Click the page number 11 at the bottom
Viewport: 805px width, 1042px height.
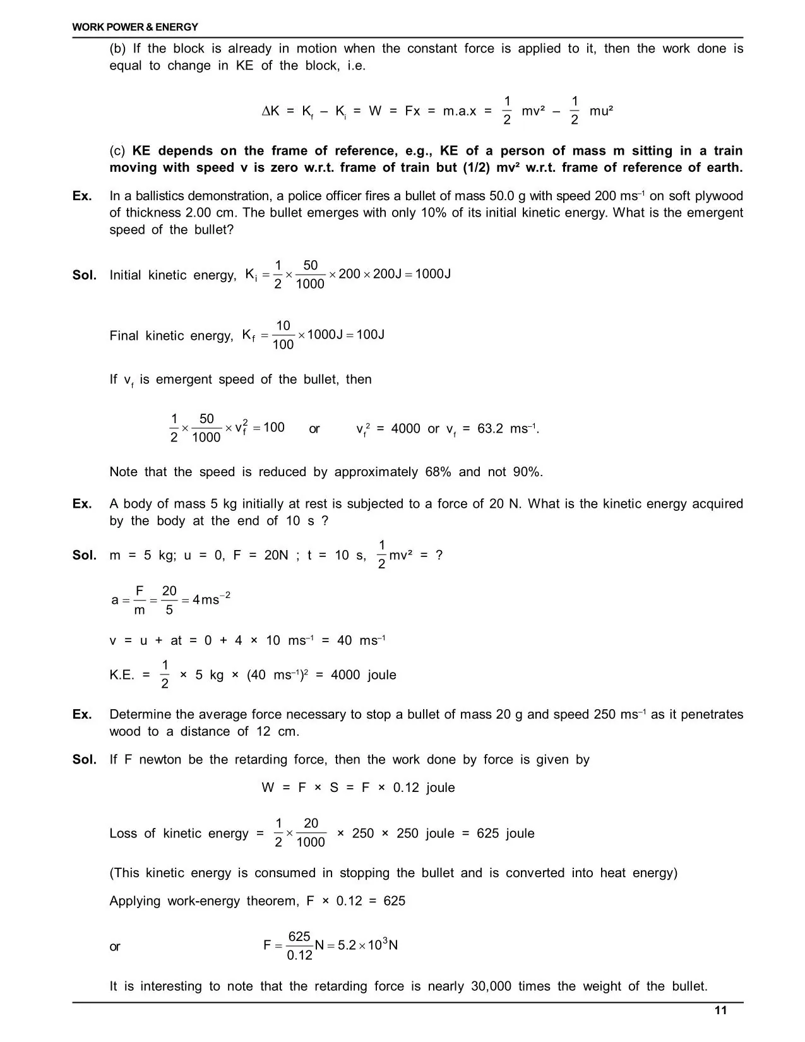click(720, 1010)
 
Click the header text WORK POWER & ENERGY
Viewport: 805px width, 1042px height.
click(135, 27)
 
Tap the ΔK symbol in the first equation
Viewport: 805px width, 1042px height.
click(270, 111)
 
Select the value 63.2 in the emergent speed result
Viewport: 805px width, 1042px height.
click(490, 429)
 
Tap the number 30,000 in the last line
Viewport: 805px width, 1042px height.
click(491, 986)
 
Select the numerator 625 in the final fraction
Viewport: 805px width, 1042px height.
click(299, 937)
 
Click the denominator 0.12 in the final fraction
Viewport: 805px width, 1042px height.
click(299, 955)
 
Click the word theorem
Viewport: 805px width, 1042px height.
click(273, 901)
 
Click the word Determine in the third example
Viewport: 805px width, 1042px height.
click(140, 714)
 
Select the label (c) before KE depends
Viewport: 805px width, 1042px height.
click(117, 151)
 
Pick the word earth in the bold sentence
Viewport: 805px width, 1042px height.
click(722, 167)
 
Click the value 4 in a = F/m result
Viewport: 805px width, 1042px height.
click(196, 599)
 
